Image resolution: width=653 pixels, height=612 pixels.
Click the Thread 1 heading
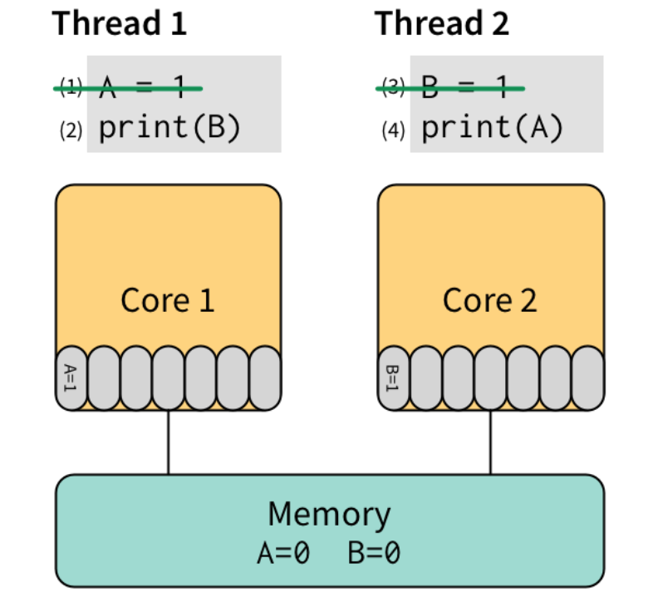click(x=120, y=23)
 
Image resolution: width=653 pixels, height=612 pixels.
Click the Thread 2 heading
click(x=442, y=23)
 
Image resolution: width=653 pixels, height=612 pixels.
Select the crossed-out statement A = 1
click(x=150, y=86)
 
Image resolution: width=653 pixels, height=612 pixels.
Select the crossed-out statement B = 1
click(x=472, y=86)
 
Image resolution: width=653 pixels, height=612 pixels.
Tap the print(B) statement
click(x=169, y=129)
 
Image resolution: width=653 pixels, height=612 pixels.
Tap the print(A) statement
click(x=492, y=129)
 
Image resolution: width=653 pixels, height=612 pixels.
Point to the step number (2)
click(x=71, y=131)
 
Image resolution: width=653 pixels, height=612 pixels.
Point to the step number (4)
click(x=394, y=131)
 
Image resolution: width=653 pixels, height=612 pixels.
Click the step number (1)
click(x=71, y=86)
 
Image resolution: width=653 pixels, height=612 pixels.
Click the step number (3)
click(x=394, y=86)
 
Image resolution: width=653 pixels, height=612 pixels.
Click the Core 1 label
click(x=168, y=300)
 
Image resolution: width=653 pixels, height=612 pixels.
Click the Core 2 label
click(x=490, y=300)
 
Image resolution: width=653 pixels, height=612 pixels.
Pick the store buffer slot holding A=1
click(x=71, y=378)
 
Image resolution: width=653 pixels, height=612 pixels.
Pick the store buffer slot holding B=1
click(x=394, y=378)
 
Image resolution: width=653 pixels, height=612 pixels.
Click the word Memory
click(x=329, y=515)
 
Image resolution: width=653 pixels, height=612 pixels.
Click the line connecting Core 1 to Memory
click(x=169, y=442)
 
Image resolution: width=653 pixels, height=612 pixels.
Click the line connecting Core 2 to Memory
click(x=490, y=442)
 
